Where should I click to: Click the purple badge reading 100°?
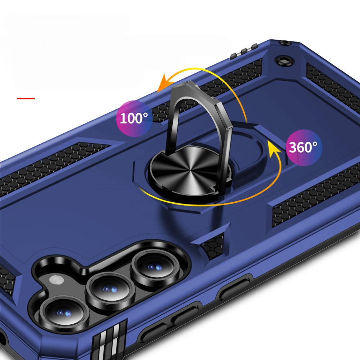click(x=134, y=118)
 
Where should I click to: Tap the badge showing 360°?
click(x=303, y=147)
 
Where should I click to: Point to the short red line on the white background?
click(x=26, y=98)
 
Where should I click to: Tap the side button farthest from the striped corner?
click(x=234, y=288)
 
